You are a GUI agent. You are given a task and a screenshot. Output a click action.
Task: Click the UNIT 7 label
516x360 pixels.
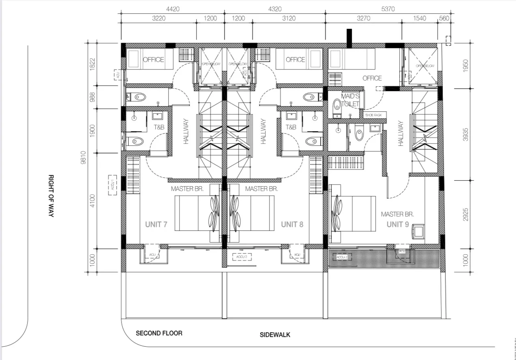[x=156, y=224]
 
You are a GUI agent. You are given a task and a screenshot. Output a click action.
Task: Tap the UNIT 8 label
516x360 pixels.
[x=292, y=224]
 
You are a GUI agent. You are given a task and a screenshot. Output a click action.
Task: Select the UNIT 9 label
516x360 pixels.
[x=397, y=224]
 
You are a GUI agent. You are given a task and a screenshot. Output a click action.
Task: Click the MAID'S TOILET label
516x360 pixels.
[x=350, y=100]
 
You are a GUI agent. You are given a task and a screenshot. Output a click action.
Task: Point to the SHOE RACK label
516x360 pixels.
[x=374, y=115]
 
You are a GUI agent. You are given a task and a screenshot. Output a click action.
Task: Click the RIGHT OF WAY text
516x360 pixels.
[x=51, y=196]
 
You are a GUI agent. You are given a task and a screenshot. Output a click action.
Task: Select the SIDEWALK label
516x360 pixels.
[x=275, y=335]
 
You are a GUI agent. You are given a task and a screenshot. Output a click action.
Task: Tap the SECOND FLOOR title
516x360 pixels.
[x=159, y=333]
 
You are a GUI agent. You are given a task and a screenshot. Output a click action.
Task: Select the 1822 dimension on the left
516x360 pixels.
[x=92, y=65]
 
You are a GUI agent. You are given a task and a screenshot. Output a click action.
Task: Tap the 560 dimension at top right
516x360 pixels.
[x=444, y=18]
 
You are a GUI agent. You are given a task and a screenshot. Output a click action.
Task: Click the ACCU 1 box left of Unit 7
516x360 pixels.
[x=112, y=185]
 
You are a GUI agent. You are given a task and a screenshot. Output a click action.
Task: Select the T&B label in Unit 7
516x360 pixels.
[x=158, y=127]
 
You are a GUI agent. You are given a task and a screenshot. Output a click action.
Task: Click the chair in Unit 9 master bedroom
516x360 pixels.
[x=418, y=231]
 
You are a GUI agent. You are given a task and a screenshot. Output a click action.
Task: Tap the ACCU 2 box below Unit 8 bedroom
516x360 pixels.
[x=241, y=257]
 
